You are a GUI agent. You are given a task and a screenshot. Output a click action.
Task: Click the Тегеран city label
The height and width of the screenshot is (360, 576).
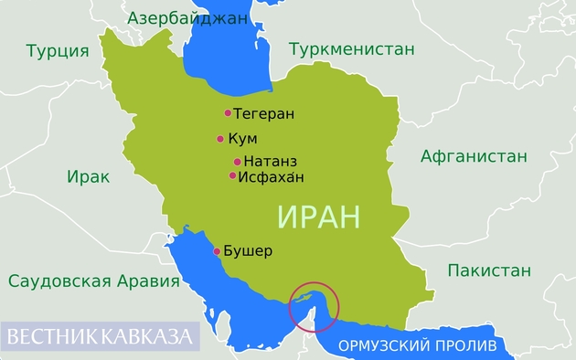pyautogui.click(x=263, y=114)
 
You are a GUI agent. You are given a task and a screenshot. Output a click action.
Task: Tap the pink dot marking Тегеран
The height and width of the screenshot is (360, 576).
pyautogui.click(x=228, y=113)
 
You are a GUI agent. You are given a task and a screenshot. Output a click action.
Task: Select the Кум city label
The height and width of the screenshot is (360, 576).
pyautogui.click(x=242, y=140)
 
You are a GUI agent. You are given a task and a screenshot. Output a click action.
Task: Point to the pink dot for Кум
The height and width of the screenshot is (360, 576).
pyautogui.click(x=220, y=140)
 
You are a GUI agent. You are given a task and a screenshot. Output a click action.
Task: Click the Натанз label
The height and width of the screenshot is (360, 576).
pyautogui.click(x=271, y=162)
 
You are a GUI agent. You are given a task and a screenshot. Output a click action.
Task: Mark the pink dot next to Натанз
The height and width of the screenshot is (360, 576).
pyautogui.click(x=237, y=162)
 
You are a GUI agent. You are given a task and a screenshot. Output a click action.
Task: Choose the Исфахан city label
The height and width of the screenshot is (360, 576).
pyautogui.click(x=271, y=176)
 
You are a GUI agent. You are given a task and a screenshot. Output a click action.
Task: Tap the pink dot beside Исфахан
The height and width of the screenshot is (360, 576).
pyautogui.click(x=232, y=175)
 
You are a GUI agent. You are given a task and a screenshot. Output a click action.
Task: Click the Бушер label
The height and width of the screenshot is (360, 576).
pyautogui.click(x=248, y=251)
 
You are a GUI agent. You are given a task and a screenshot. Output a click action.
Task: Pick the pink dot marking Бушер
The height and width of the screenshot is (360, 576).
pyautogui.click(x=217, y=251)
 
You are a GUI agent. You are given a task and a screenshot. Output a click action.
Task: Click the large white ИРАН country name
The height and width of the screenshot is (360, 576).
pyautogui.click(x=318, y=217)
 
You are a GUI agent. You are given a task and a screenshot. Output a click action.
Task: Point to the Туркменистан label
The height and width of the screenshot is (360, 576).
pyautogui.click(x=352, y=49)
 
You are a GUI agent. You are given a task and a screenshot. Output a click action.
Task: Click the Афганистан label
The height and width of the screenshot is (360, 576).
pyautogui.click(x=474, y=156)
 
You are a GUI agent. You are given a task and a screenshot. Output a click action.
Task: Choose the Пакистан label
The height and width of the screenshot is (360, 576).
pyautogui.click(x=489, y=270)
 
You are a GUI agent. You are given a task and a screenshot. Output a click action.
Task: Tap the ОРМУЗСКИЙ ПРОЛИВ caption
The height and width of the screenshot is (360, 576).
pyautogui.click(x=417, y=346)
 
